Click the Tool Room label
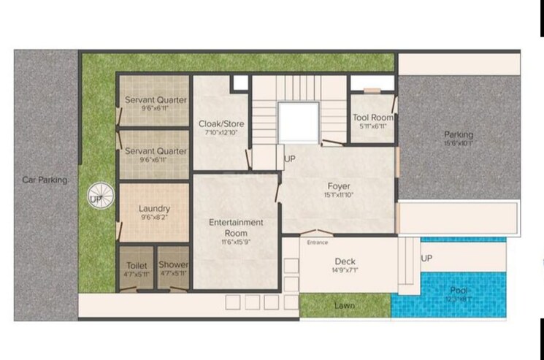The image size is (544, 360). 372,118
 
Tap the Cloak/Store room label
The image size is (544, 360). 221,124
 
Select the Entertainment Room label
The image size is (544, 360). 236,222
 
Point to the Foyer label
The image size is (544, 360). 338,186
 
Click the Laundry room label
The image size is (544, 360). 154,209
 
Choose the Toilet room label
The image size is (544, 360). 136,265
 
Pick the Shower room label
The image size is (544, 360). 174,265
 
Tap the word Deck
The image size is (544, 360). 345,261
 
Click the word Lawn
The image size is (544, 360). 345,305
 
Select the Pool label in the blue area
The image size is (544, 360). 459,291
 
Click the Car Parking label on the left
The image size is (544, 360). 45,180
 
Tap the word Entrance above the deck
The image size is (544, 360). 318,242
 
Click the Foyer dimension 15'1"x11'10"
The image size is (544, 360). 338,196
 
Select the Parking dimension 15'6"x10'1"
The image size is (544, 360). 459,143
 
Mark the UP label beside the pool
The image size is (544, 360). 426,258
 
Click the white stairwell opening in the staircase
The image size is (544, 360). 298,122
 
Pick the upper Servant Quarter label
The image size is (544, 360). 155,100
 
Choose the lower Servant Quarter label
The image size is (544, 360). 155,151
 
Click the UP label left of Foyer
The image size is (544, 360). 290,158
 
